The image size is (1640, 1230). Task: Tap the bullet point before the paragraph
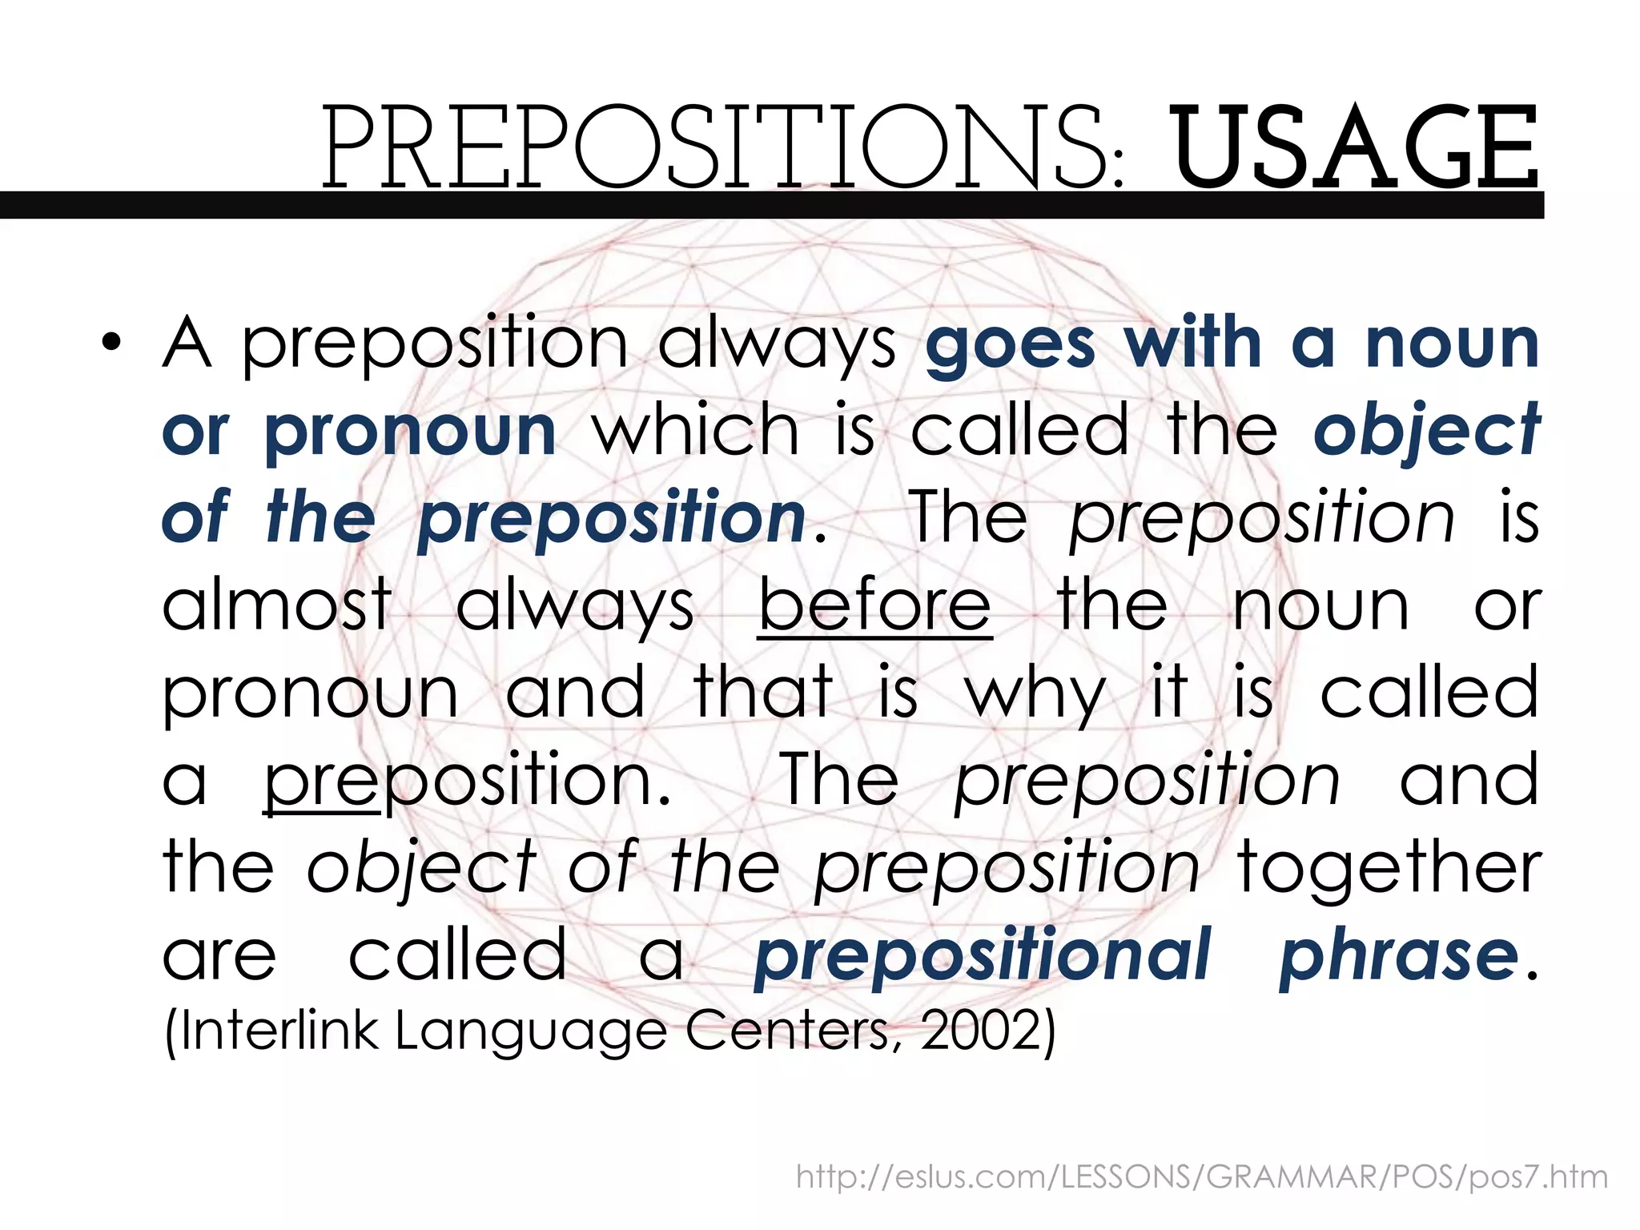(x=111, y=343)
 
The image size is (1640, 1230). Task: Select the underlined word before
(x=874, y=605)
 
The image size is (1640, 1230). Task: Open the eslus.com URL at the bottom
(x=1201, y=1177)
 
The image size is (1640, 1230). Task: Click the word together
(x=1389, y=868)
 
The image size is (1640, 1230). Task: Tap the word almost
(x=277, y=605)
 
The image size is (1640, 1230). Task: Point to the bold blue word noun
(x=1452, y=344)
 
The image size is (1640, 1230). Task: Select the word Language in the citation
(x=530, y=1031)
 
